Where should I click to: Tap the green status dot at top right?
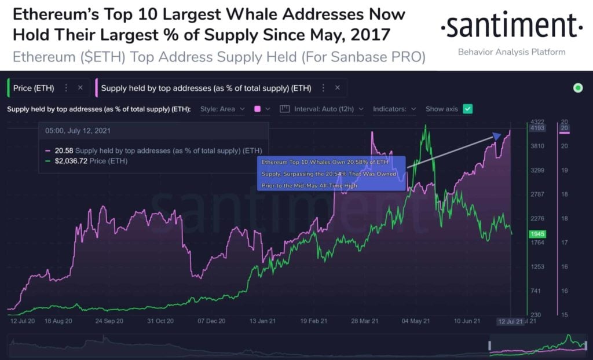point(577,88)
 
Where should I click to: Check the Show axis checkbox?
point(468,109)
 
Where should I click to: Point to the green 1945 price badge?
point(536,234)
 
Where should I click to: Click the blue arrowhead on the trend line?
point(496,137)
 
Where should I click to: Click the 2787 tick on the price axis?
point(536,194)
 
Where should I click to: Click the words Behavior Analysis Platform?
point(511,52)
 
